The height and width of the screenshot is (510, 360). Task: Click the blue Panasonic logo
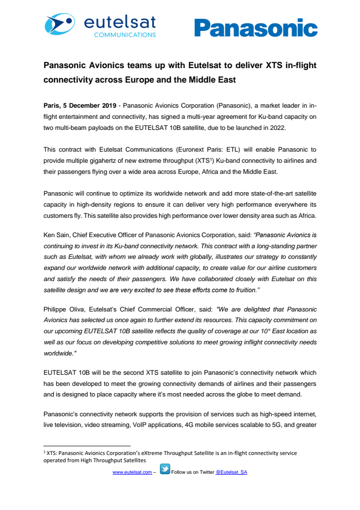pos(256,28)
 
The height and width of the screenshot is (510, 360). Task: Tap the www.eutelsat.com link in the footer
pos(132,472)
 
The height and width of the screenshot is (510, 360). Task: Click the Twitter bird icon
pos(165,469)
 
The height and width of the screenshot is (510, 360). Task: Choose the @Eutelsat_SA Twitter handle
pos(231,472)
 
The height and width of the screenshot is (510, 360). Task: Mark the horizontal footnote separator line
pos(87,446)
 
